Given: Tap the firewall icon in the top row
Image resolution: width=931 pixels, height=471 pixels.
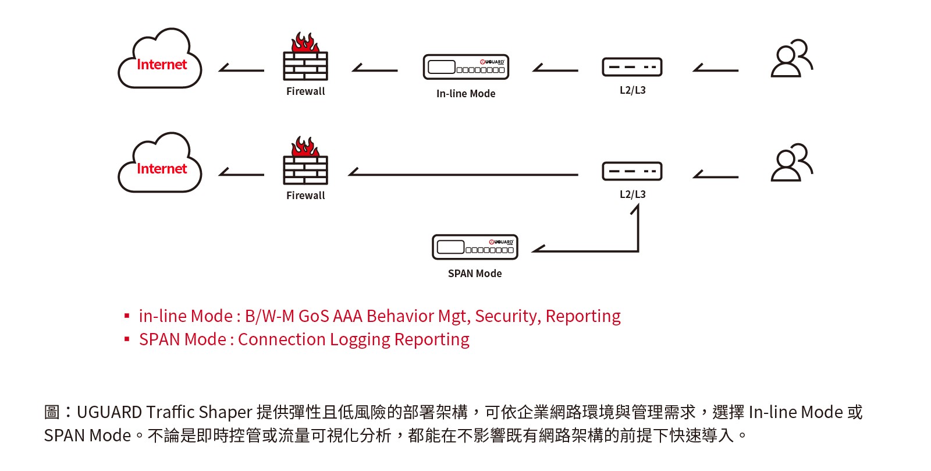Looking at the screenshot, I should click(x=305, y=59).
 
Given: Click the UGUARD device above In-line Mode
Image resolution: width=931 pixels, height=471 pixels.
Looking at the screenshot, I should click(x=466, y=68).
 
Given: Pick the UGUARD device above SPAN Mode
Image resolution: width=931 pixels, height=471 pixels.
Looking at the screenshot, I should click(x=475, y=247).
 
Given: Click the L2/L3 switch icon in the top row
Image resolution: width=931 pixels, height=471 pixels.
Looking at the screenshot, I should click(x=632, y=68).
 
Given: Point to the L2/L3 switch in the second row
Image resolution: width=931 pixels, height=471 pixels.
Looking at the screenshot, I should click(x=632, y=172).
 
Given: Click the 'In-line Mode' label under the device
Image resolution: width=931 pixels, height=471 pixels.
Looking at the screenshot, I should click(x=466, y=94).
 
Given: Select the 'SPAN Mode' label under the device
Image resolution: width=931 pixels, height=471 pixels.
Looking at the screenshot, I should click(x=475, y=274).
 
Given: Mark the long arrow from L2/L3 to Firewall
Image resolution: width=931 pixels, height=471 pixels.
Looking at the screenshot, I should click(x=463, y=173).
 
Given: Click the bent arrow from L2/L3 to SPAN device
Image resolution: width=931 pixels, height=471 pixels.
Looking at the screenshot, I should click(x=611, y=250).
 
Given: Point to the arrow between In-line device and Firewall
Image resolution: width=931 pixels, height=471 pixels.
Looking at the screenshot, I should click(x=375, y=69).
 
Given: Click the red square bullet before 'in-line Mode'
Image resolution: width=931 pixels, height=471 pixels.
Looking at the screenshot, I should click(x=127, y=316).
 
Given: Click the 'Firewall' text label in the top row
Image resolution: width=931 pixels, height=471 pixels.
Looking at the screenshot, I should click(x=305, y=91).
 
